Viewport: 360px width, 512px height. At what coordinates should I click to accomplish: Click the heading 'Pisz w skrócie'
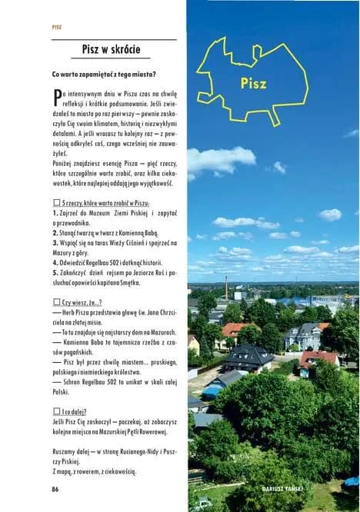111,49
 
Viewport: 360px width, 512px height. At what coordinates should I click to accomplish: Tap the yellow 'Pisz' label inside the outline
252,84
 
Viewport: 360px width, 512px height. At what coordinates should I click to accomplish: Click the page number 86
55,489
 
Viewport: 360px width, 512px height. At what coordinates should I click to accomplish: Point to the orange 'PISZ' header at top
56,26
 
